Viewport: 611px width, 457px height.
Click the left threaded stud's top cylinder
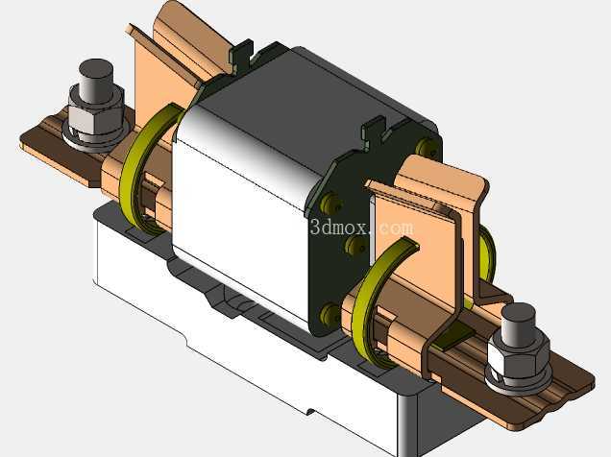coord(96,81)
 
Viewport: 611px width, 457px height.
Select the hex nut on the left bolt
coord(96,114)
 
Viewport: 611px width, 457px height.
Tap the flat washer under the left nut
coord(95,138)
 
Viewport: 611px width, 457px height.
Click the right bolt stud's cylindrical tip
coord(517,324)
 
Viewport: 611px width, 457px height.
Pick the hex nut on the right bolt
coord(517,359)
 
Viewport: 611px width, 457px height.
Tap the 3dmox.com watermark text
coord(361,228)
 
